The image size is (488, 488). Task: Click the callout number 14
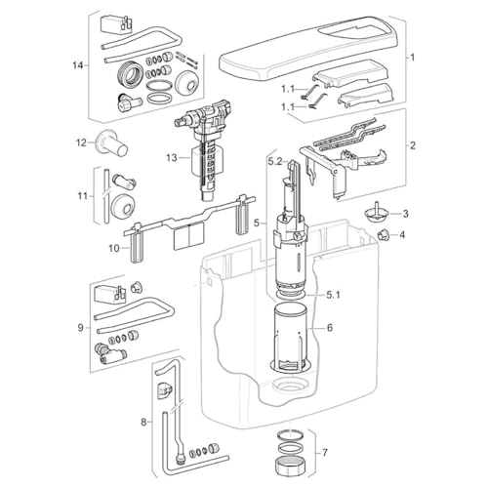point(78,65)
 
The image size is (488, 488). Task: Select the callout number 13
point(172,158)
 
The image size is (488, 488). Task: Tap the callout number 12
point(82,142)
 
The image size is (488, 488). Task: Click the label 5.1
point(333,296)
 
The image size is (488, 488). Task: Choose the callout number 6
point(330,327)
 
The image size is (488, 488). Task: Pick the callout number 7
point(325,453)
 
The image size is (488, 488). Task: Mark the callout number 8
point(143,423)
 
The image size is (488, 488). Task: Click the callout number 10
point(114,249)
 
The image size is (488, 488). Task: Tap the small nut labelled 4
point(383,234)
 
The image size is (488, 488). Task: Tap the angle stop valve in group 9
point(111,353)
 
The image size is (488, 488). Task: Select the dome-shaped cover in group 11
point(122,207)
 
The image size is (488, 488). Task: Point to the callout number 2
point(412,145)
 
